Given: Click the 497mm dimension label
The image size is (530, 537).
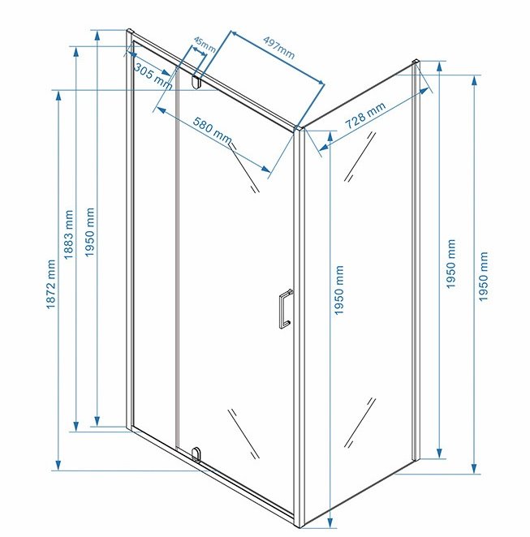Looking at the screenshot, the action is tap(279, 47).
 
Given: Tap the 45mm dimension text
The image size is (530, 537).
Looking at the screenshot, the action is tap(205, 44).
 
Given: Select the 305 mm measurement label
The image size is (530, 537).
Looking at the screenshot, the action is tap(153, 76).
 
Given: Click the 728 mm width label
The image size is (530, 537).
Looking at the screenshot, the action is tap(365, 114).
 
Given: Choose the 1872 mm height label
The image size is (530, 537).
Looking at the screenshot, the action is tap(50, 284).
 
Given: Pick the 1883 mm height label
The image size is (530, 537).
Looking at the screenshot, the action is tap(68, 234).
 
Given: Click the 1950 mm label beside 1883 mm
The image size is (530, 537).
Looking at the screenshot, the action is tap(89, 232).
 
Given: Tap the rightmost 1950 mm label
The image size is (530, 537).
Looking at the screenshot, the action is tap(483, 277).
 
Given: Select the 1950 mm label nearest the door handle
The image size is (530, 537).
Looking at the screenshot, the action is tap(338, 290).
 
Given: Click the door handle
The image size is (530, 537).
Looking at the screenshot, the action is tap(285, 309).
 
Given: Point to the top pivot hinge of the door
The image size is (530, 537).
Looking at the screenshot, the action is tap(196, 82).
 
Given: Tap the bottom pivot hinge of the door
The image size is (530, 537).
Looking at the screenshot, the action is tap(196, 454).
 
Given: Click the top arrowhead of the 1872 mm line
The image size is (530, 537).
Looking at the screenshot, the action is tap(58, 96).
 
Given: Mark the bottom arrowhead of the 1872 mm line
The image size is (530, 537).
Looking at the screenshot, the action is tap(58, 466).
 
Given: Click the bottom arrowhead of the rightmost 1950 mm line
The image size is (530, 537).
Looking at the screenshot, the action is tap(474, 469).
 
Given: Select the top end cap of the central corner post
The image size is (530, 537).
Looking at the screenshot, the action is tap(299, 128).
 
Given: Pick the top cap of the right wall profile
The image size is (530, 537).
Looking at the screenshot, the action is tap(416, 62).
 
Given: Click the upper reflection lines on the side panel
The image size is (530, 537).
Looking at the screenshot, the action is tap(360, 157).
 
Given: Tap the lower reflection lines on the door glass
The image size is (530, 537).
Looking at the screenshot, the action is tap(243, 433).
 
